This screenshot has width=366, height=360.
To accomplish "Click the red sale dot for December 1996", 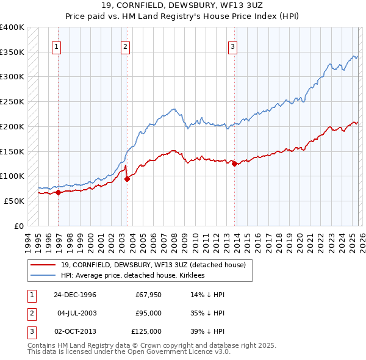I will point(59,192).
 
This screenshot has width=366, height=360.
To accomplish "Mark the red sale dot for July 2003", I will point(127,179).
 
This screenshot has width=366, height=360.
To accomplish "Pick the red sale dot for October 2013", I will point(234,164).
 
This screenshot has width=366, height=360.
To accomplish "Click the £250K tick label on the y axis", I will point(12,101).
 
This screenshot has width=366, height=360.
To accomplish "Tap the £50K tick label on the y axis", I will point(14,201).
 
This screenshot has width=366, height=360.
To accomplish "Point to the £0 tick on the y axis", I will point(18,226).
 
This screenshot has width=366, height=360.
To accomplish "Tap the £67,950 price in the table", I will point(148,295).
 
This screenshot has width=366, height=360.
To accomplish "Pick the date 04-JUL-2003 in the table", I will point(77,313).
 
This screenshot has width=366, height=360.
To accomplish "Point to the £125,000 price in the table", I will point(147,331).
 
